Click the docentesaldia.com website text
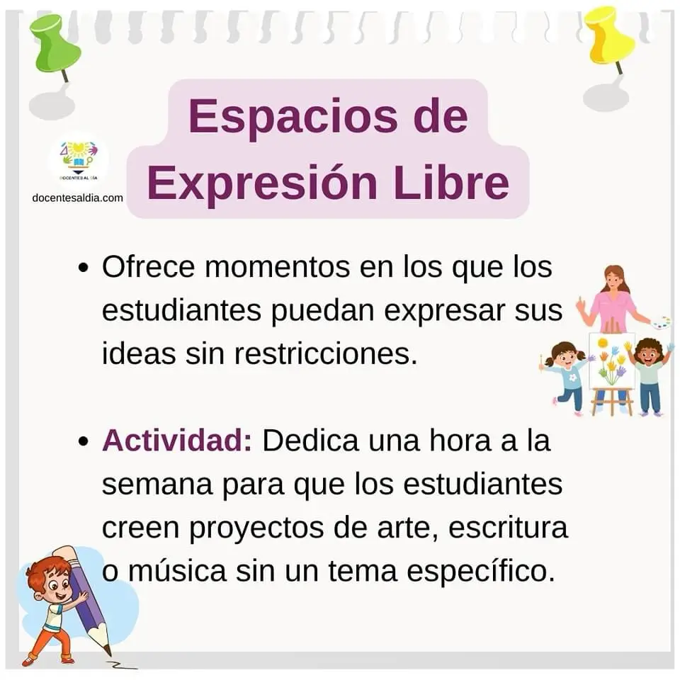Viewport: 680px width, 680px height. point(78,198)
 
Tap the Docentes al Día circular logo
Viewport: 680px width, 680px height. point(79,159)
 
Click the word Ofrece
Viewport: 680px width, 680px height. point(148,267)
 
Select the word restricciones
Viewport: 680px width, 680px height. point(326,353)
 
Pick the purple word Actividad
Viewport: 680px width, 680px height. point(176,440)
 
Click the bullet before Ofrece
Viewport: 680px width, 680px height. point(84,267)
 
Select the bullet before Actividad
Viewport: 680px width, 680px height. point(84,441)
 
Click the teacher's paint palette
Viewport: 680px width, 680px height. point(661,323)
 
